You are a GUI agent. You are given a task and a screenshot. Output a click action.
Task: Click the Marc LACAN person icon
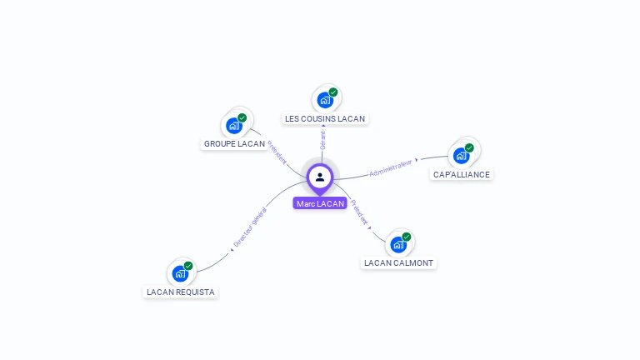[320, 177]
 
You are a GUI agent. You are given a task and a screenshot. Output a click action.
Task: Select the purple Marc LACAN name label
[320, 203]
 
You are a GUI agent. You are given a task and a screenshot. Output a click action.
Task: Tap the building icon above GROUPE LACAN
[234, 126]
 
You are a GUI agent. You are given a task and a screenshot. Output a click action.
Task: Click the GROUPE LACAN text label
[234, 143]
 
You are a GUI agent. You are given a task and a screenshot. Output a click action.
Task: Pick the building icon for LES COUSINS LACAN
[325, 100]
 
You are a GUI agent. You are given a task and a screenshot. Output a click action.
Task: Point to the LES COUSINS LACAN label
[325, 118]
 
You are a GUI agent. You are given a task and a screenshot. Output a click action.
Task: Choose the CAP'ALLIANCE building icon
[461, 156]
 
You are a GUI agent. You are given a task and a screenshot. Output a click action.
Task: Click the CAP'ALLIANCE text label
[462, 174]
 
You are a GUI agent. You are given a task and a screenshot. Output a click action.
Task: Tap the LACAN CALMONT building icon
[399, 244]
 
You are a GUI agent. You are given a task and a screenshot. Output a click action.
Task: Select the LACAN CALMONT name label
[399, 262]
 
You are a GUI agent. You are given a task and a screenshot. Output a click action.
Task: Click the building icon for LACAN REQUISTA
[180, 273]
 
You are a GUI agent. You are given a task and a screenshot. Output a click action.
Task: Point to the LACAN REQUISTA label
[181, 292]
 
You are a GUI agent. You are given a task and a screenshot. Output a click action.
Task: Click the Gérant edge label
[322, 140]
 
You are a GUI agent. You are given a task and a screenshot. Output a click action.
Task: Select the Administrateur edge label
[391, 168]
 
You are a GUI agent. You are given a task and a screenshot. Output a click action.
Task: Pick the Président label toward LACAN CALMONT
[359, 212]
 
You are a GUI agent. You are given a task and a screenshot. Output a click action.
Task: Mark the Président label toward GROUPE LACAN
[277, 152]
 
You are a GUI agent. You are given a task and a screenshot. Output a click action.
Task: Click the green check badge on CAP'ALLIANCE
[469, 147]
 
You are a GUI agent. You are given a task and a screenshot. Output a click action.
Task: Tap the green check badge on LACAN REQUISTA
[188, 266]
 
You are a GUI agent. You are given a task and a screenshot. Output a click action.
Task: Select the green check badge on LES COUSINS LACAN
[333, 92]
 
